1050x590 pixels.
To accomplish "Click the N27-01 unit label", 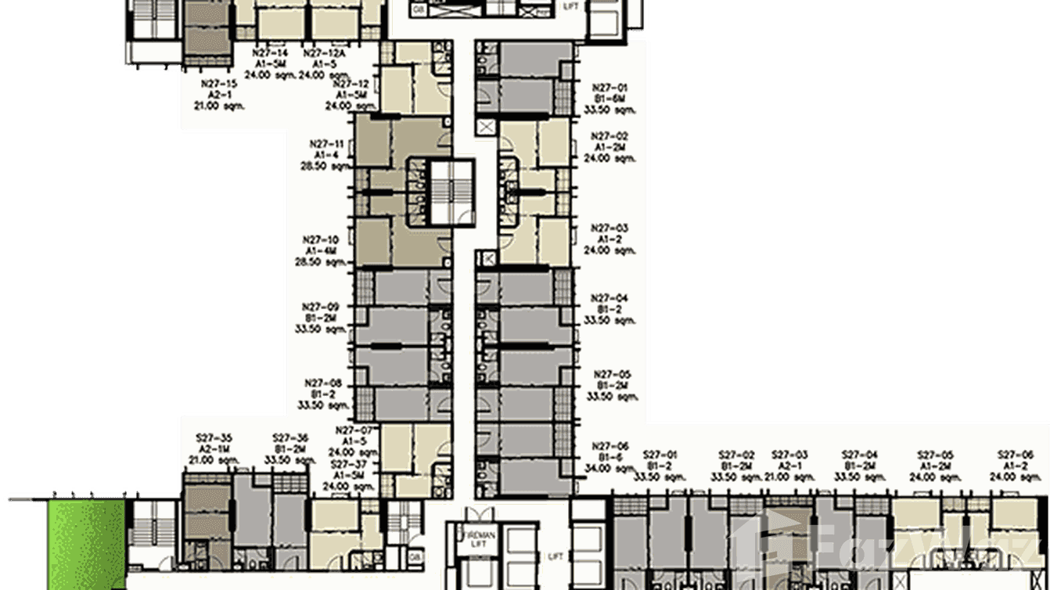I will click(610, 88).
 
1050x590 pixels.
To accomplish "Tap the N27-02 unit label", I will click(610, 135).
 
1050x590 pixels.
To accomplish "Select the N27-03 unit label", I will click(610, 228).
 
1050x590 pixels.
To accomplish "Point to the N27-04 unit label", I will click(610, 298).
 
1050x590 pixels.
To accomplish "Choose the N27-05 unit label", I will click(612, 374).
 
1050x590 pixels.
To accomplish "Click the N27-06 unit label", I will click(610, 444).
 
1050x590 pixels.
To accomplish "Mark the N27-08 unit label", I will click(325, 383).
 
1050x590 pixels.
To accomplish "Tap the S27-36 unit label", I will click(290, 438).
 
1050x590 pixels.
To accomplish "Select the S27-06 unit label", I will click(1016, 455).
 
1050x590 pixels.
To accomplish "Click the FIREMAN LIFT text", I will click(473, 534).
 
